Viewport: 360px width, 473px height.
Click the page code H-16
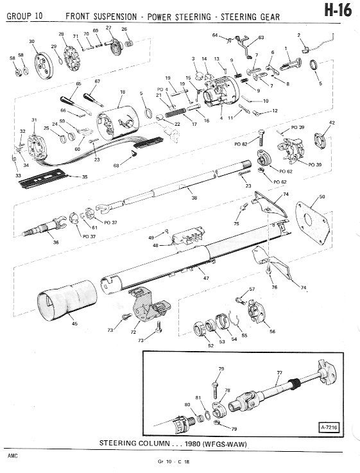(338, 11)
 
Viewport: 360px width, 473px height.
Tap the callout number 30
(31, 41)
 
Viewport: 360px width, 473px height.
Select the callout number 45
(74, 323)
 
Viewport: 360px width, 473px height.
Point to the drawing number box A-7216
(329, 427)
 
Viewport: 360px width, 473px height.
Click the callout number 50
(322, 196)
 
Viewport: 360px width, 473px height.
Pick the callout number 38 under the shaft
(194, 198)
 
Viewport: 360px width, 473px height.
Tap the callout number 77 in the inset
(280, 372)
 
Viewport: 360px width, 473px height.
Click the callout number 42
(332, 123)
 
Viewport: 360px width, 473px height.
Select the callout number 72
(133, 332)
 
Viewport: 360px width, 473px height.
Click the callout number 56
(272, 331)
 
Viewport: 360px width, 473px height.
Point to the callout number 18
(123, 92)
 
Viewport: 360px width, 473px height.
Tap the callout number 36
(56, 242)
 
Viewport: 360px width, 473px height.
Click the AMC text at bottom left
(13, 456)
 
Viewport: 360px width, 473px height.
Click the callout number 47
(206, 278)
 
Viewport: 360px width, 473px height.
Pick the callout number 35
(85, 176)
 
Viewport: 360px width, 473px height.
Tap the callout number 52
(210, 345)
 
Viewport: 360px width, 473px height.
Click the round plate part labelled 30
(43, 66)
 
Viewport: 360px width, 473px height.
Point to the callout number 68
(116, 166)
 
